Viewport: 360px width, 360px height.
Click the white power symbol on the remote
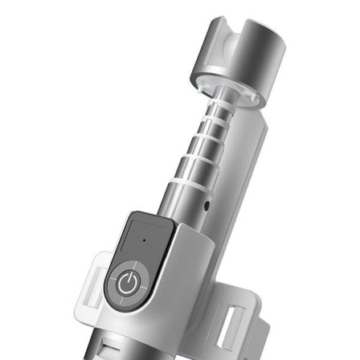click(x=126, y=282)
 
